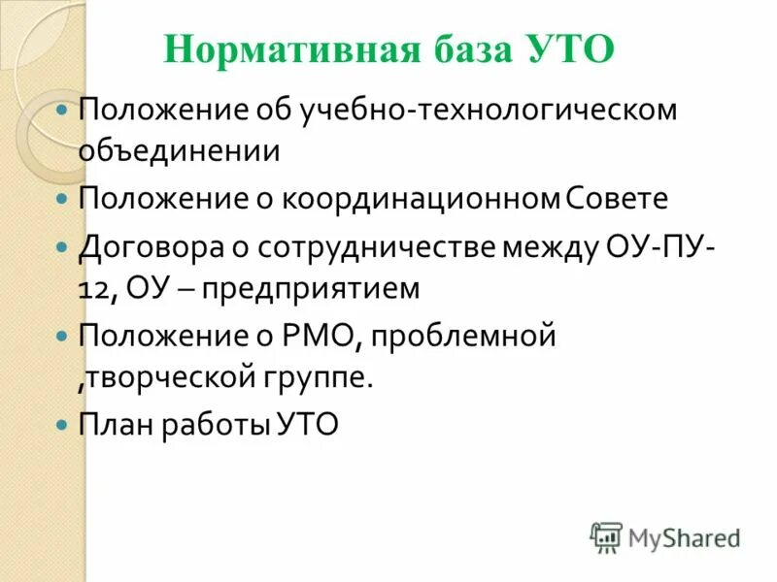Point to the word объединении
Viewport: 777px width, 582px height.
coord(181,151)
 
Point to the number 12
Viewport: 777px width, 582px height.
coord(94,288)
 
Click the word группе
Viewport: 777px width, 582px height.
coord(321,377)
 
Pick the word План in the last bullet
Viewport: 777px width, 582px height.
coord(114,425)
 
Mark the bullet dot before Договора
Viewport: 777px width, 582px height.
coord(63,247)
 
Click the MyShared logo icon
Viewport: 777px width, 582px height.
coord(606,536)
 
